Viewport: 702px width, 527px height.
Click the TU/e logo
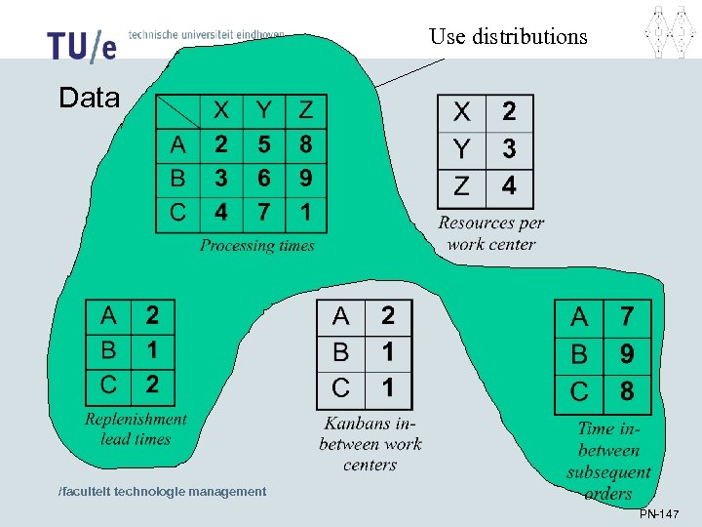point(82,44)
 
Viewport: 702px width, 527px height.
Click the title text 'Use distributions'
point(508,37)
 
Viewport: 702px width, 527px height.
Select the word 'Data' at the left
point(89,98)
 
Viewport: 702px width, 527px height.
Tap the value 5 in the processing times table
point(263,145)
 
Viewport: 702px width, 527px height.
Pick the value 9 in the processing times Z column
point(306,179)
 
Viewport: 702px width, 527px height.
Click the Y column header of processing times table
point(263,110)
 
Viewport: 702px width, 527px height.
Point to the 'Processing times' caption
point(257,245)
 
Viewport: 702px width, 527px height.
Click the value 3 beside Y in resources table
point(509,147)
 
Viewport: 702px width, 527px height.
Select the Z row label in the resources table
point(460,184)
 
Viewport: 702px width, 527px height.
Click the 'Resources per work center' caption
point(490,233)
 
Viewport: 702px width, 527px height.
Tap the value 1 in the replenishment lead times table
point(152,349)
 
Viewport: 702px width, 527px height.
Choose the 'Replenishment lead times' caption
point(136,428)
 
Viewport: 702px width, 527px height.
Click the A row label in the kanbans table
point(340,316)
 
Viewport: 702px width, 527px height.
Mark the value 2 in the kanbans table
point(388,315)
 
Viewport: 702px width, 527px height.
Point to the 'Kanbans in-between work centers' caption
point(370,444)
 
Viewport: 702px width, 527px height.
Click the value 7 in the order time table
point(627,317)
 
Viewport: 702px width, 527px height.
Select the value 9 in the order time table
point(627,354)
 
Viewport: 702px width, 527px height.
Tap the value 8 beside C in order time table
point(627,391)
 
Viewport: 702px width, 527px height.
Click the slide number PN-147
point(659,514)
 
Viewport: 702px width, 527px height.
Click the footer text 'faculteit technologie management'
point(163,491)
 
